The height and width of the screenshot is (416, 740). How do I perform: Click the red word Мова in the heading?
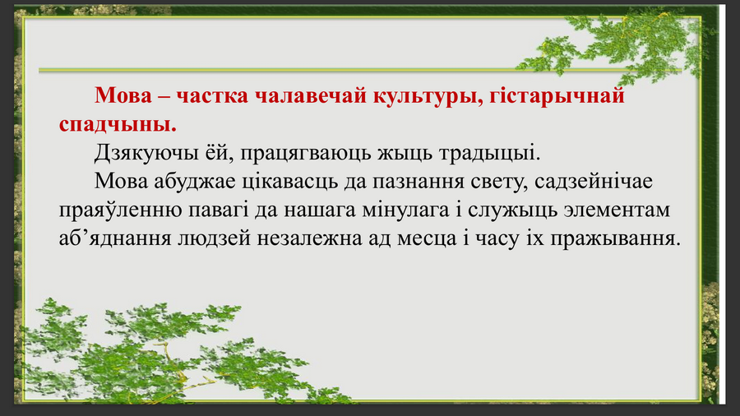pyautogui.click(x=123, y=95)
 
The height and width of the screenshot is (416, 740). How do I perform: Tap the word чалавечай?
pyautogui.click(x=311, y=95)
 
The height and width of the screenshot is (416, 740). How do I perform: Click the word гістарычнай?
pyautogui.click(x=557, y=96)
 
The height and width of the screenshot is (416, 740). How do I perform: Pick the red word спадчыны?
pyautogui.click(x=118, y=124)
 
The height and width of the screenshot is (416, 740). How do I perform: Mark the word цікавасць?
pyautogui.click(x=289, y=182)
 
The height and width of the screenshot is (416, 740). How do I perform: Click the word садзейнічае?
pyautogui.click(x=593, y=182)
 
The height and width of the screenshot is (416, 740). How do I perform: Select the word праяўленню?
pyautogui.click(x=120, y=210)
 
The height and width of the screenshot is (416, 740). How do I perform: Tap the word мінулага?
pyautogui.click(x=405, y=210)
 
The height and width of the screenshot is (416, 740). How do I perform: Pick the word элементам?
pyautogui.click(x=617, y=210)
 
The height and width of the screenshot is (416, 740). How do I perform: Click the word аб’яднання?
pyautogui.click(x=115, y=238)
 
